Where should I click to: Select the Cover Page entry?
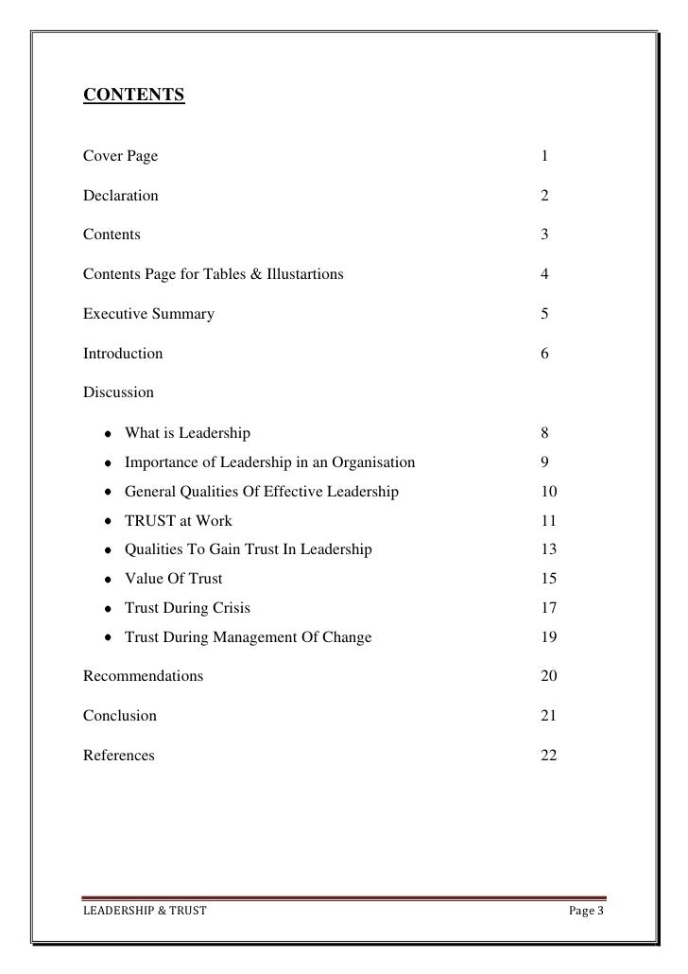click(x=120, y=156)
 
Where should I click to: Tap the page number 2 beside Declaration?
click(x=545, y=196)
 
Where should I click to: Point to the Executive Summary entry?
click(x=148, y=314)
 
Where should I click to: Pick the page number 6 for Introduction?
click(x=545, y=354)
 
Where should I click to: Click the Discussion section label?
click(x=118, y=391)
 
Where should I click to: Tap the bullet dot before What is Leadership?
click(x=110, y=435)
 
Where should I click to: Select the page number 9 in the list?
click(x=545, y=462)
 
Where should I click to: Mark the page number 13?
click(x=549, y=549)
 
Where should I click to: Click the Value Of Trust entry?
click(x=174, y=578)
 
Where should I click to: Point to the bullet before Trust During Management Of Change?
click(x=110, y=637)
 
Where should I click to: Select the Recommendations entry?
click(x=143, y=676)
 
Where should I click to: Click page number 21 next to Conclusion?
click(x=549, y=716)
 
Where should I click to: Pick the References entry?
click(x=119, y=755)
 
